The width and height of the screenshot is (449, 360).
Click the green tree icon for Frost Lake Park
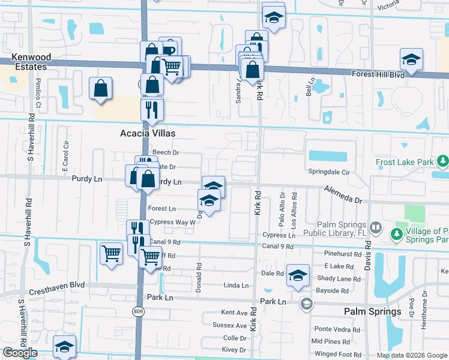443,161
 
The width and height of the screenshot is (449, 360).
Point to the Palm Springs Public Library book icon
375,228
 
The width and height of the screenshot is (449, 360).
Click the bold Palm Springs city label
372,311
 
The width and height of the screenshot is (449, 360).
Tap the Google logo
20,353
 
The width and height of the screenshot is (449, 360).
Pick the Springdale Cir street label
329,172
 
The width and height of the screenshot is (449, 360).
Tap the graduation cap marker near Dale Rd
298,274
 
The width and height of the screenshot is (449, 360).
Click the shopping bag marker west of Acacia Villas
101,88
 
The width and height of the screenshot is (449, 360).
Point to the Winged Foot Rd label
337,354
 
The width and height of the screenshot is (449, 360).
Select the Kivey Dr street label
234,349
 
